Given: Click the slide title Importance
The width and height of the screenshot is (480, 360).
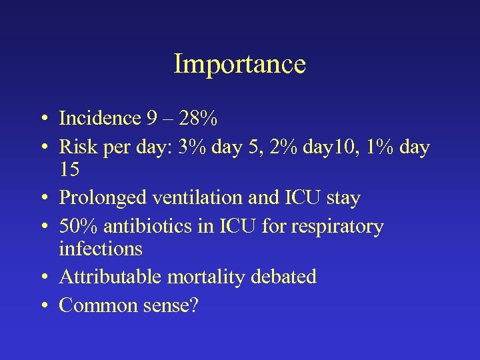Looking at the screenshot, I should tap(239, 64).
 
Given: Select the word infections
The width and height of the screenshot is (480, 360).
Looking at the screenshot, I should tap(101, 249).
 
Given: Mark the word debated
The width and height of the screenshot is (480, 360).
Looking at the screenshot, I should tap(287, 277).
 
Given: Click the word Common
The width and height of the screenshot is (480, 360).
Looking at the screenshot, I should tap(97, 305).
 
